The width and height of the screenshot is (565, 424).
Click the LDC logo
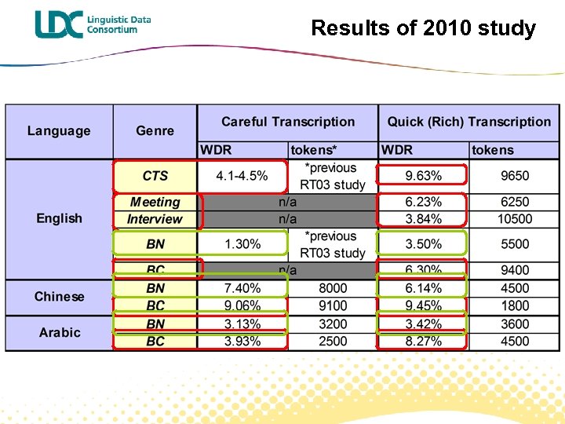click(93, 24)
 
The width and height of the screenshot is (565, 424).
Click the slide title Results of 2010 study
click(423, 28)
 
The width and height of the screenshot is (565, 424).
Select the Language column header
click(59, 131)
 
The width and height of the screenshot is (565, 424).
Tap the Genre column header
click(155, 131)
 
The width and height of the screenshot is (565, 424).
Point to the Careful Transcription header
click(287, 122)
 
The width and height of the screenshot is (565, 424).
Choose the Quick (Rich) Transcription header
click(468, 122)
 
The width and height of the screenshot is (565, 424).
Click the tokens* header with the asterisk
click(314, 150)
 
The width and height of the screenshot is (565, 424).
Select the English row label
click(59, 218)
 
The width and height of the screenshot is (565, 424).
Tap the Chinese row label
click(59, 297)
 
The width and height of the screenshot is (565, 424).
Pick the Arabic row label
click(60, 332)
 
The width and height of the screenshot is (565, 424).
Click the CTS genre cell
click(155, 176)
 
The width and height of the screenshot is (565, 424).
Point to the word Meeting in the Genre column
click(155, 203)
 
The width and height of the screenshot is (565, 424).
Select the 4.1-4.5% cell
click(242, 176)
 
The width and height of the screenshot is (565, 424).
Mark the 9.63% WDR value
click(423, 176)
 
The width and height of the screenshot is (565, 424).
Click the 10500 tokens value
click(515, 219)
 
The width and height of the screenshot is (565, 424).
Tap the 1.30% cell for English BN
click(242, 244)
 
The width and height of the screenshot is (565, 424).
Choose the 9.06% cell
click(242, 305)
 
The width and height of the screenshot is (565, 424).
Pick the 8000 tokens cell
click(333, 288)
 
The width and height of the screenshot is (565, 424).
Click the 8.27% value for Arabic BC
click(423, 341)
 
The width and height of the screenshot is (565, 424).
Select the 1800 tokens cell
click(515, 305)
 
